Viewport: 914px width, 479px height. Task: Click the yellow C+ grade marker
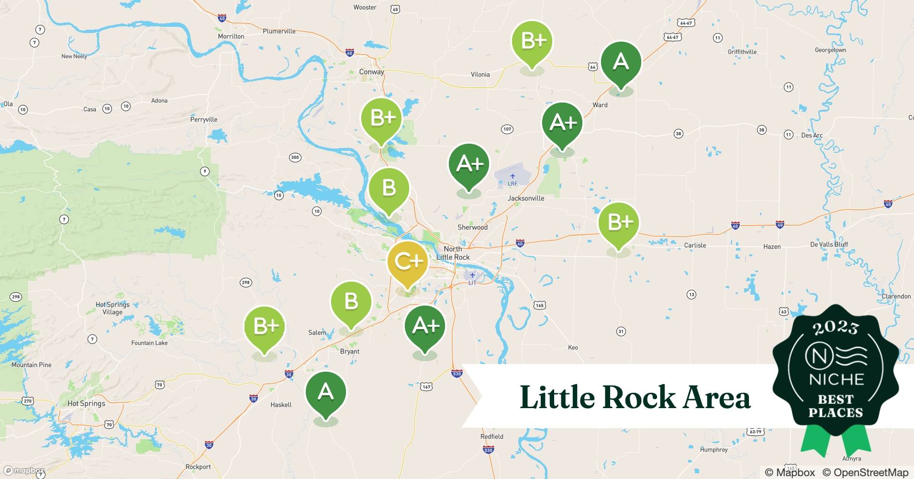pos(407,262)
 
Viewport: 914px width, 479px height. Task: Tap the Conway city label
pos(371,72)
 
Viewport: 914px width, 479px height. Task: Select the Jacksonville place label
pos(526,198)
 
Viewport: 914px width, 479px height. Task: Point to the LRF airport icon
pos(513,176)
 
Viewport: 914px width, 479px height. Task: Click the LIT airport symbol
pos(472,275)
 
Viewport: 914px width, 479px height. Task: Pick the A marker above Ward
pos(621,63)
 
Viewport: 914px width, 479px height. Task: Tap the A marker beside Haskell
pos(325,393)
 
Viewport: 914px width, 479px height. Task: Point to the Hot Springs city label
pos(86,403)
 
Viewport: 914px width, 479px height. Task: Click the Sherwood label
pos(472,228)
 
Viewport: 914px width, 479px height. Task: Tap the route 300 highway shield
pos(295,157)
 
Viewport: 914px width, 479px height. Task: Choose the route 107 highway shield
pos(507,129)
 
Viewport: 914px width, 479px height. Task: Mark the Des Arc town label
pos(812,136)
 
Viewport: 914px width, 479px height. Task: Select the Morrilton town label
pos(231,36)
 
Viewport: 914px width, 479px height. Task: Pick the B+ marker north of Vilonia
pos(532,42)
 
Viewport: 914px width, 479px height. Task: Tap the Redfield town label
pos(492,437)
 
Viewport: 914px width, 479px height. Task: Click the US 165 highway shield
pos(540,305)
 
